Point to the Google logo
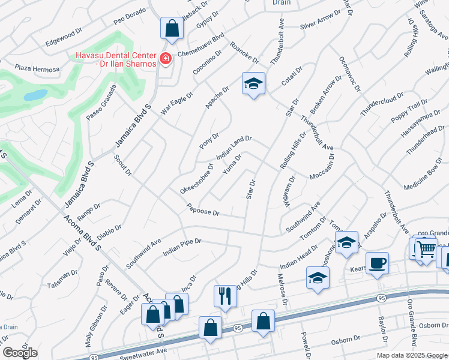coord(19,353)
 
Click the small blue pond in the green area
coord(36,95)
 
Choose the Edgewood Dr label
coord(63,38)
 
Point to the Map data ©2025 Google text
coord(412,355)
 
